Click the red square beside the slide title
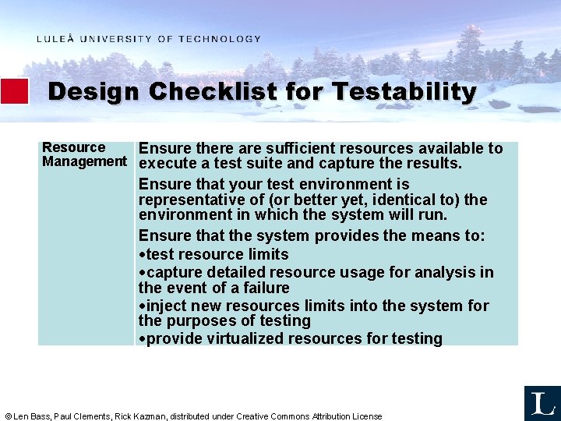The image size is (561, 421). click(x=14, y=91)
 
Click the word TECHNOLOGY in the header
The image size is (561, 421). click(x=220, y=39)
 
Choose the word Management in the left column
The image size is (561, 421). click(x=84, y=161)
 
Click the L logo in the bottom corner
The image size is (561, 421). click(x=542, y=403)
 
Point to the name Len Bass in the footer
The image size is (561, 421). click(x=32, y=416)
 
